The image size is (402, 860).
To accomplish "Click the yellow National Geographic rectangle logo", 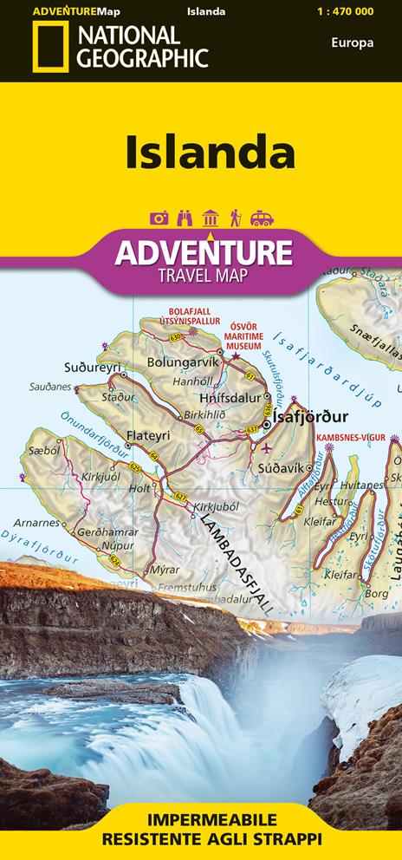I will pos(49,48).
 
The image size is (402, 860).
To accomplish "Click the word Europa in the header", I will pos(352,42).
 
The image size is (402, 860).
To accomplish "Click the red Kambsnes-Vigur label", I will pos(350,438).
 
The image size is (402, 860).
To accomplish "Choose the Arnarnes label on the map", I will pos(37,523).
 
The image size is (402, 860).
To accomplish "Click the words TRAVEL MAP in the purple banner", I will pos(201,277).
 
